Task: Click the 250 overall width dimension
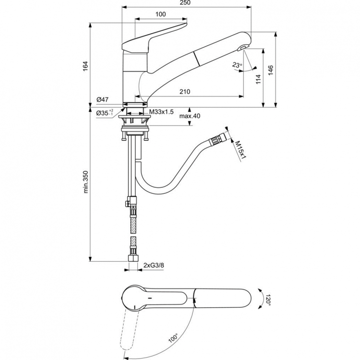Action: [185, 3]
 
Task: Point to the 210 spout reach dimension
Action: [185, 91]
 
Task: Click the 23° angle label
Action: [237, 65]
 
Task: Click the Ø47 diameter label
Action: [102, 99]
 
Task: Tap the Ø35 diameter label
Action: [104, 113]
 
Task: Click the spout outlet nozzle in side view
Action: [242, 47]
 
